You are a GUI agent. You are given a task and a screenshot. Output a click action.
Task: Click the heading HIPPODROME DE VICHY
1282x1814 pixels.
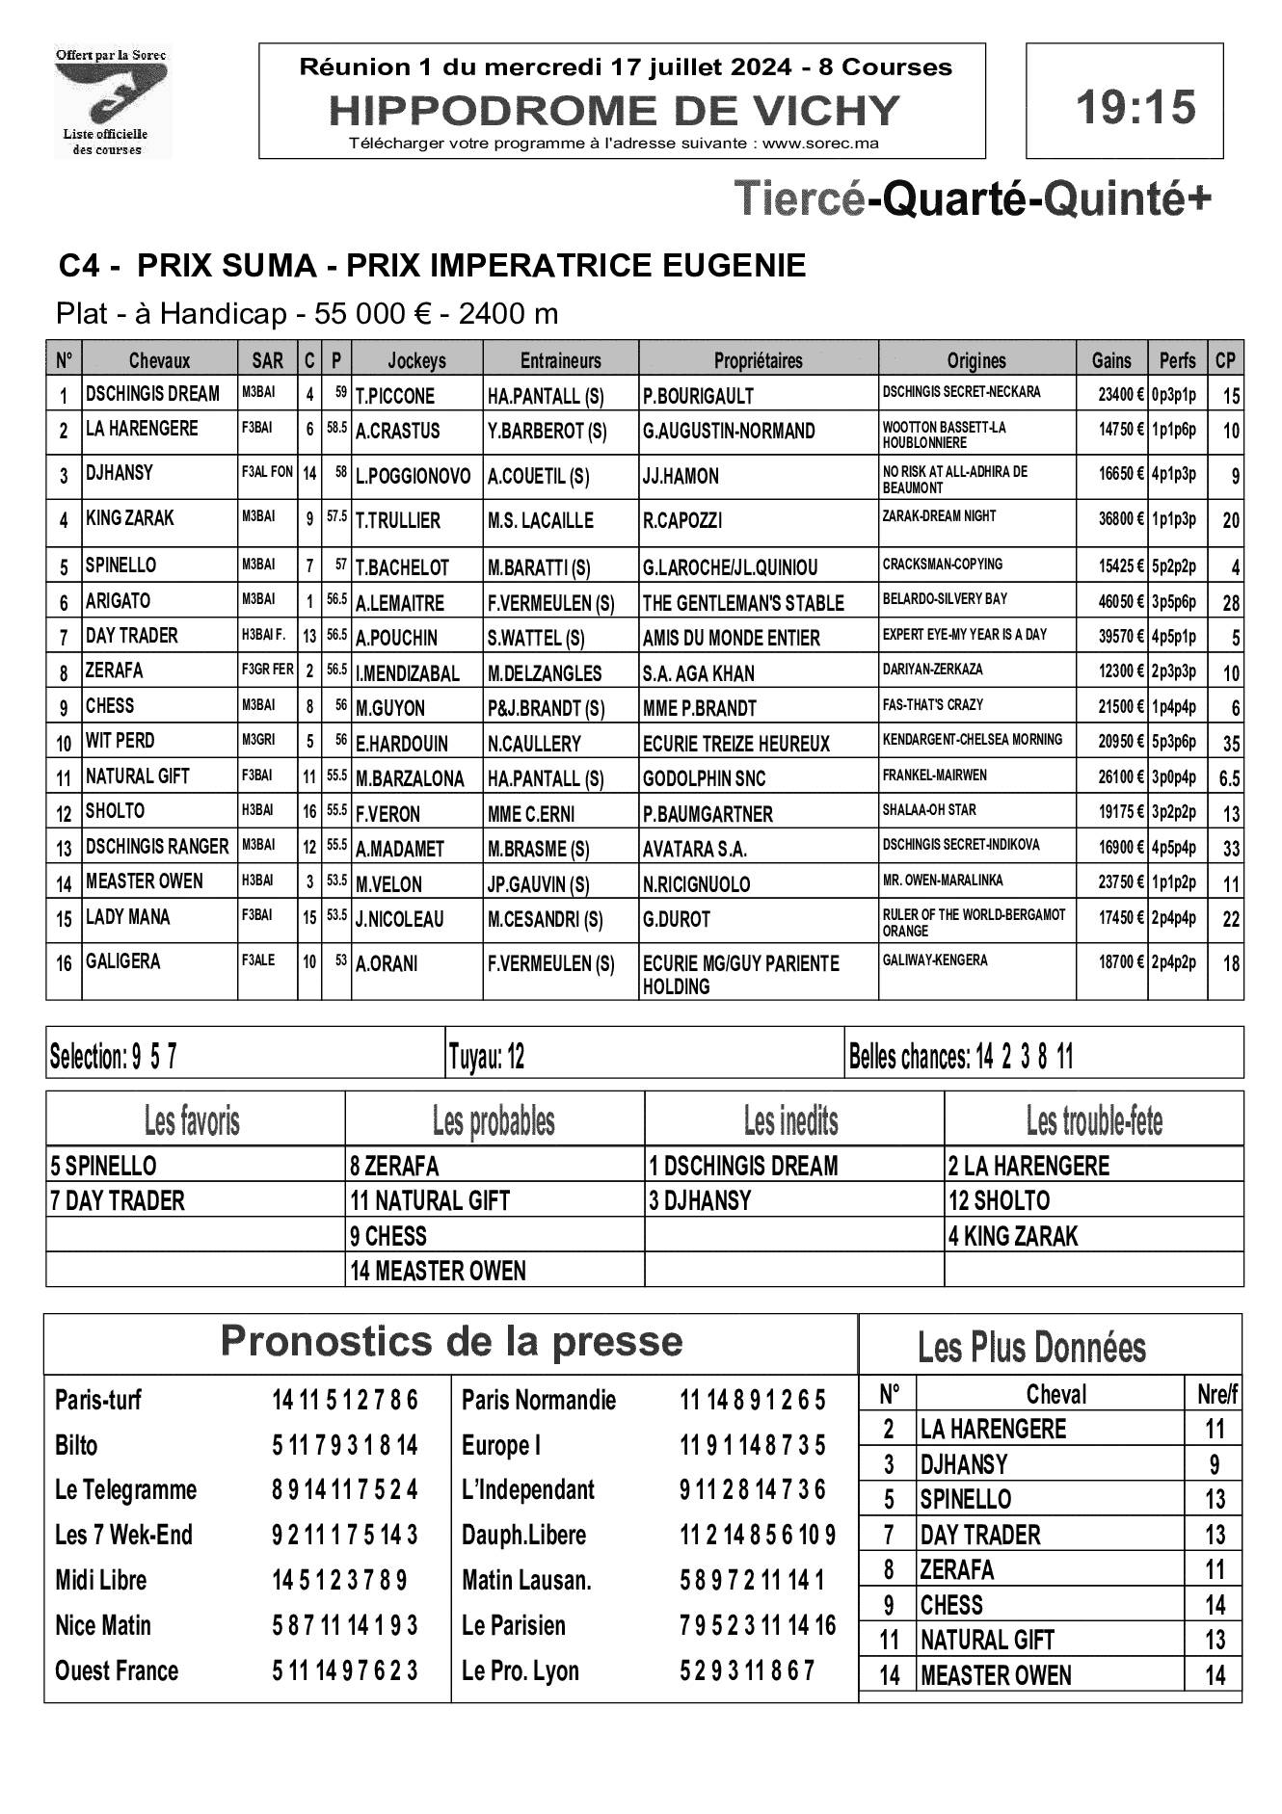614,111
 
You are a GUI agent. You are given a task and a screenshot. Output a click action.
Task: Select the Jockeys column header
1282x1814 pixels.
416,360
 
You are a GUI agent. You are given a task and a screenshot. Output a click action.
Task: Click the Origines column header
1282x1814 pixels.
975,360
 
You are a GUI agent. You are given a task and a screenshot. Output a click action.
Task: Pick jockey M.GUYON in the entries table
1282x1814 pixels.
390,708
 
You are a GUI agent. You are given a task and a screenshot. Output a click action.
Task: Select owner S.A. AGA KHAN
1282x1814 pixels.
698,673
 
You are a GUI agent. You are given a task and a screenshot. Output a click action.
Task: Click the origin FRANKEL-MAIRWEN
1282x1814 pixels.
934,775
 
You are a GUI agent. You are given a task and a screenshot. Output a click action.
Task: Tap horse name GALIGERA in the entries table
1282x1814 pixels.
123,961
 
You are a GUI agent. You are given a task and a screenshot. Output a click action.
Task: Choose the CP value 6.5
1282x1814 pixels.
1229,778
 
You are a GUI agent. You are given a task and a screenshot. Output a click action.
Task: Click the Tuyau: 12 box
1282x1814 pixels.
487,1058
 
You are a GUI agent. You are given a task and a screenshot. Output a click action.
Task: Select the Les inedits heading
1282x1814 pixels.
791,1120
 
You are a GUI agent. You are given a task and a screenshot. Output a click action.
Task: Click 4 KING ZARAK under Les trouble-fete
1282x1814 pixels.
1012,1236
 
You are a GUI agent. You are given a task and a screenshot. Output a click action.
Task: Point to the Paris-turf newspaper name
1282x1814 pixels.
98,1400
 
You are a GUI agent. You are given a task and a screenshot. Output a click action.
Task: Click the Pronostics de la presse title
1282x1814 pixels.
451,1341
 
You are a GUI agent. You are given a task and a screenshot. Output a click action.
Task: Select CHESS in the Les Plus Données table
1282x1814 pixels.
951,1605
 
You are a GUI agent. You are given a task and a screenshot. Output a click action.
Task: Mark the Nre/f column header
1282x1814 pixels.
1215,1394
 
